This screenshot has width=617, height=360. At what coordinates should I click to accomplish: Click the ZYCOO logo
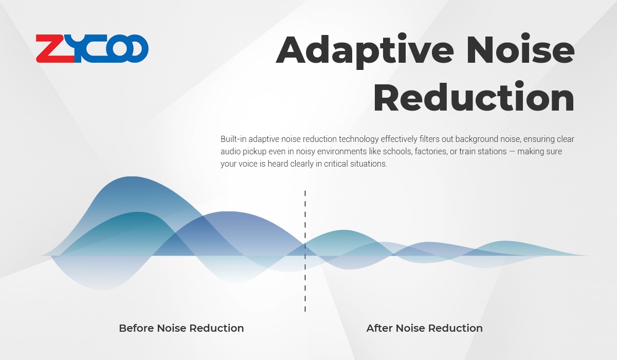pos(92,48)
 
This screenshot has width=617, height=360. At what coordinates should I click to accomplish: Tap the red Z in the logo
pos(55,48)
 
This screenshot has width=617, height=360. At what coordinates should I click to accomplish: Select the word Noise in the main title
pos(520,48)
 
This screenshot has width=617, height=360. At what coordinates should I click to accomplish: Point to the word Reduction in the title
pos(474,97)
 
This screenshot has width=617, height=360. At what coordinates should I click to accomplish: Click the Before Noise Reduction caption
pos(181,328)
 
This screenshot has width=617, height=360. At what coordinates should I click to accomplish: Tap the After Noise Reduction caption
pos(425,328)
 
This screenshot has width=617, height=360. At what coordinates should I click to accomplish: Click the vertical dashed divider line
pos(305,251)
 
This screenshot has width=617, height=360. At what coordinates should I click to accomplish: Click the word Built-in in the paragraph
pos(233,139)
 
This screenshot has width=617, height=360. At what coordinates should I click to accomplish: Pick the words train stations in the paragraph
pos(483,151)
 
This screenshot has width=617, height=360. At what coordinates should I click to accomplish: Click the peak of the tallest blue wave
pos(132,177)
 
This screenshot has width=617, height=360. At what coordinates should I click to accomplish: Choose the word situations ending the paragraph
pos(369,164)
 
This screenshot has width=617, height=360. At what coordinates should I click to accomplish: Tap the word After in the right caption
pos(379,328)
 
